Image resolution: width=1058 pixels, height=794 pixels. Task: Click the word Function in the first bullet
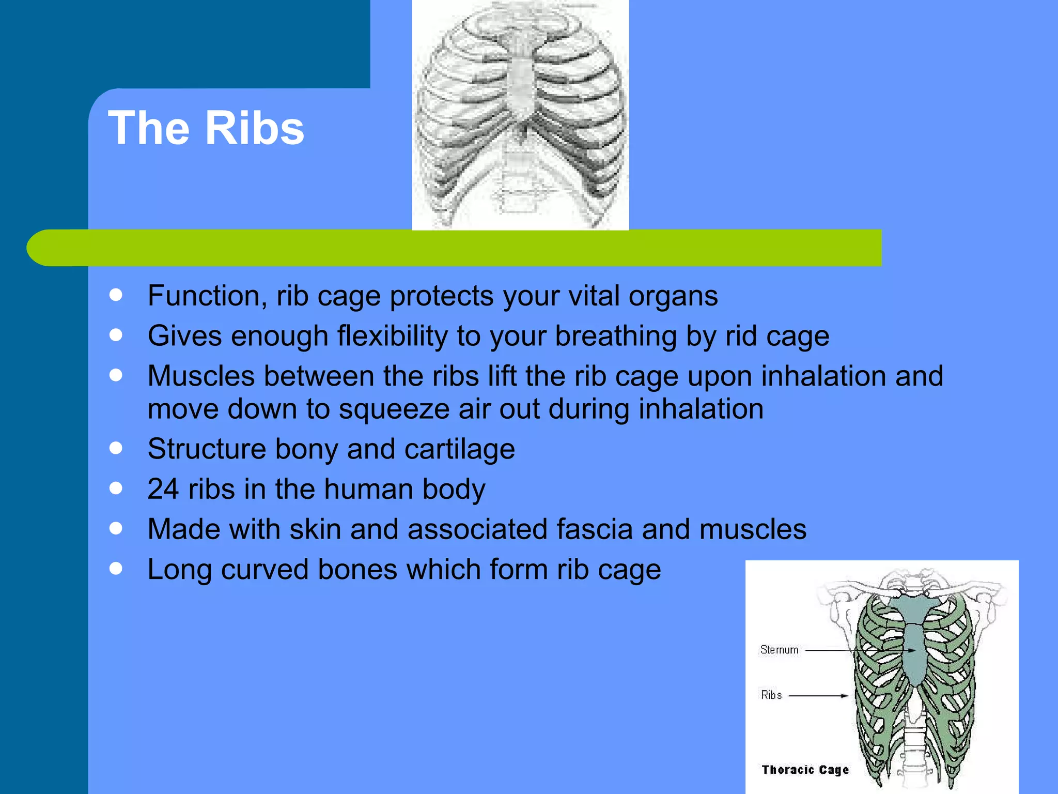(207, 296)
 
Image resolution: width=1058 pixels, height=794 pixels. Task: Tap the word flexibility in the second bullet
(393, 336)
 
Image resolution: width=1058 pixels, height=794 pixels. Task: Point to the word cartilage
(460, 449)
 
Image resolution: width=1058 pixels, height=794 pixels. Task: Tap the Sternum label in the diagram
(779, 650)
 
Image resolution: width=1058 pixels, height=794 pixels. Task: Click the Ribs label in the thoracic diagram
(771, 695)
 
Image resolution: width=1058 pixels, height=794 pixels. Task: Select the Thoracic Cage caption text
(805, 770)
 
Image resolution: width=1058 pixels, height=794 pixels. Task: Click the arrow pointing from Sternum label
(858, 650)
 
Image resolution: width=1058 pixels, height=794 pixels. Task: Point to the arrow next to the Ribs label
(818, 696)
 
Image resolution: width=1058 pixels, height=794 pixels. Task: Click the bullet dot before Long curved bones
(116, 569)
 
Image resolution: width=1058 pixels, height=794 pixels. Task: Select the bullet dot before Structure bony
(116, 448)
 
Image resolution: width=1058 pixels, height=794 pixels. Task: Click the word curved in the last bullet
(264, 569)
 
